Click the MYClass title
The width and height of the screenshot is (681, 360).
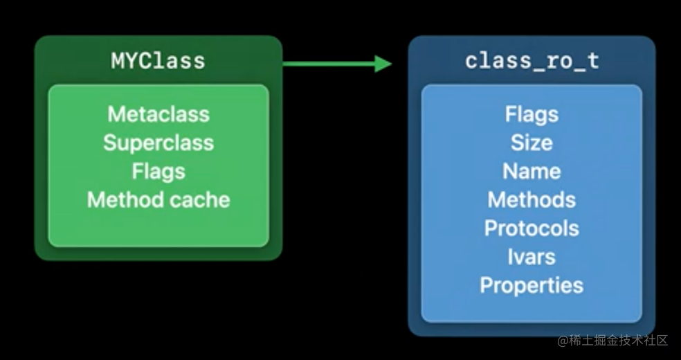(x=158, y=61)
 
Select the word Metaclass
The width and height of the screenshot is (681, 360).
(x=158, y=114)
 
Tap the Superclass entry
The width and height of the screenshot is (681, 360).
(x=158, y=143)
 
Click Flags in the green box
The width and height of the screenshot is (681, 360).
(x=158, y=171)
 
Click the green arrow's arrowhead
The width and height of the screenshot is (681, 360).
(x=383, y=64)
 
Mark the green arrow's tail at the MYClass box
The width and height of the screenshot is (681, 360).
(x=286, y=64)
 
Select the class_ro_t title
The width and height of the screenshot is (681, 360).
(x=532, y=61)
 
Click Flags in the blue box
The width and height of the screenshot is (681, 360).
(x=532, y=114)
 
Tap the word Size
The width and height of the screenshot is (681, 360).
(x=532, y=143)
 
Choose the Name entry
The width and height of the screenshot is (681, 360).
(x=532, y=171)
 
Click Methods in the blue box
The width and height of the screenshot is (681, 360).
(x=532, y=200)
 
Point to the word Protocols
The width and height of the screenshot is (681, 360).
(x=532, y=228)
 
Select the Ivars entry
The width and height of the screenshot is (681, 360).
(x=532, y=257)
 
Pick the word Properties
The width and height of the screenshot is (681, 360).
(x=532, y=285)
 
